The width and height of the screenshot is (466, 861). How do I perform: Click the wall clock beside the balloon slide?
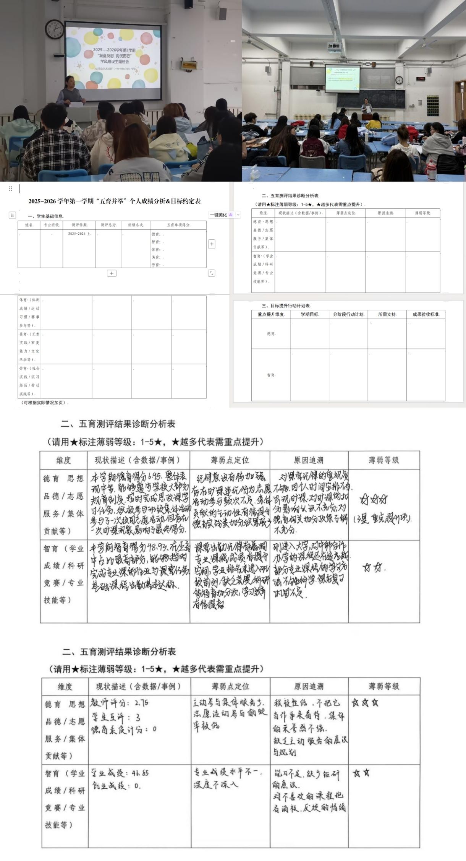tap(55, 29)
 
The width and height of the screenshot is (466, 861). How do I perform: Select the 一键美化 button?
tap(218, 215)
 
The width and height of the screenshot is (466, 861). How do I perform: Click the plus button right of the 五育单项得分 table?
tap(212, 244)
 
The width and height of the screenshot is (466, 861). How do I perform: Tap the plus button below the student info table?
tap(112, 273)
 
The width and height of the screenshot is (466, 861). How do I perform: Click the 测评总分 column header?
tap(108, 225)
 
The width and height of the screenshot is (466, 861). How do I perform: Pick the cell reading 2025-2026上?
tap(79, 234)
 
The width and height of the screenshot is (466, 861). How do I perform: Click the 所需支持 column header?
tap(387, 314)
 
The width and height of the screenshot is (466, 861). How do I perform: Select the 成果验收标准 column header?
tap(426, 314)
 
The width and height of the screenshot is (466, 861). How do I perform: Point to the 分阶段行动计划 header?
tap(348, 314)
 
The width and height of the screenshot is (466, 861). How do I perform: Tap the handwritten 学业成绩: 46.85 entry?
tap(120, 773)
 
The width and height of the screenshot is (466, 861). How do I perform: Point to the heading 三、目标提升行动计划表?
tap(286, 306)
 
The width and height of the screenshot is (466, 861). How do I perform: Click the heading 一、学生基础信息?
tap(45, 216)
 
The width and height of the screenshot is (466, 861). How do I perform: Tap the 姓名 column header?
tap(29, 225)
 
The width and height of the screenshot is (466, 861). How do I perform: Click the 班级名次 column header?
tap(136, 225)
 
